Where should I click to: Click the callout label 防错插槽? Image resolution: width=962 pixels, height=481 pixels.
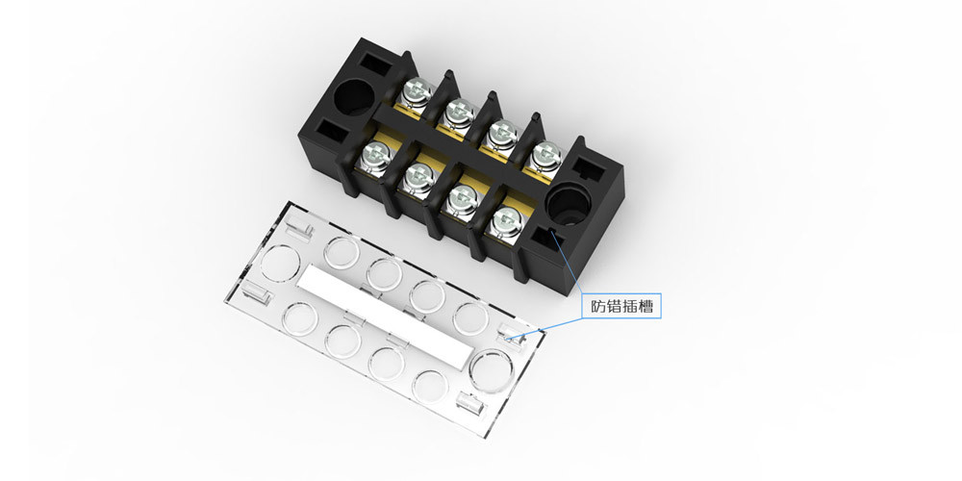tap(621, 306)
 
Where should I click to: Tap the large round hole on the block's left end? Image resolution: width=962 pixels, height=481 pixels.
tap(354, 97)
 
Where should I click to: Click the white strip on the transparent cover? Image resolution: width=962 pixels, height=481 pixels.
tap(386, 316)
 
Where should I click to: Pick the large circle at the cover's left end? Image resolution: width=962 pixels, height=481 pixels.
tap(280, 263)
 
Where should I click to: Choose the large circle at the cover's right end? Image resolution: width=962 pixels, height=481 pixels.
tap(492, 370)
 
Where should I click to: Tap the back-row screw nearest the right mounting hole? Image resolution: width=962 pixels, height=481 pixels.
tap(545, 156)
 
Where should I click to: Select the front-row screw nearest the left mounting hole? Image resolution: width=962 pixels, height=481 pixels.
tap(375, 156)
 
